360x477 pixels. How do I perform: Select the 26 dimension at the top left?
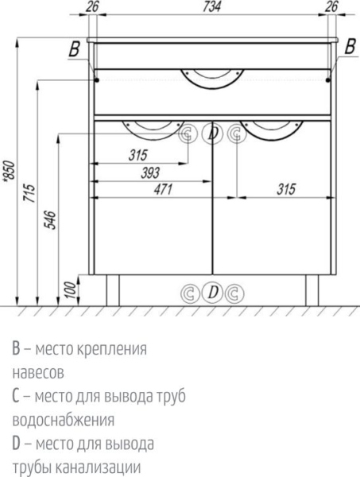91,7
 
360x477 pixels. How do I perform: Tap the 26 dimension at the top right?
332,7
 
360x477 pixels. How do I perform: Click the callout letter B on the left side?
75,50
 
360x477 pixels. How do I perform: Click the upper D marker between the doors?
211,134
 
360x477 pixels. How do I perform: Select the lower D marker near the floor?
211,293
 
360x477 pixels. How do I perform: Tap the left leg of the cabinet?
112,290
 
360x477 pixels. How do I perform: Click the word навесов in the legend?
38,371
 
